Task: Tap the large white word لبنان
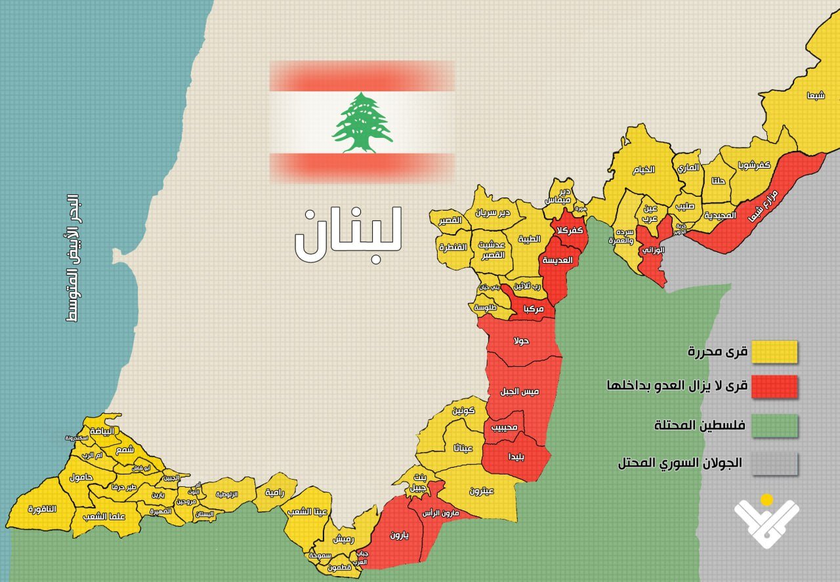click(x=348, y=235)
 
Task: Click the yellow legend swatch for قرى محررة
click(x=774, y=352)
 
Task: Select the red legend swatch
click(x=774, y=387)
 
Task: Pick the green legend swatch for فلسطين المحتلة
click(x=774, y=425)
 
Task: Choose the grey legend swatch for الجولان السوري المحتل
click(x=774, y=463)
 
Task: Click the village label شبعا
click(x=816, y=95)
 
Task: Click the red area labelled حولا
click(x=522, y=341)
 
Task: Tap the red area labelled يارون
click(x=399, y=535)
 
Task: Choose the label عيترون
click(x=482, y=490)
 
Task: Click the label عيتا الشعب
click(x=313, y=511)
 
